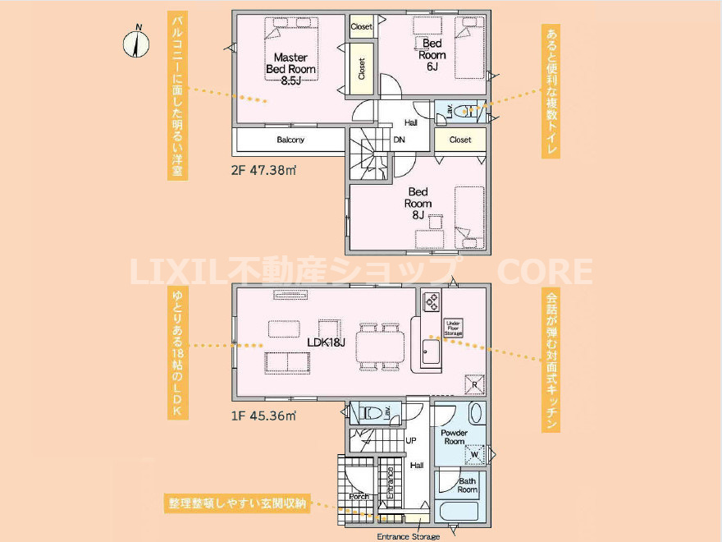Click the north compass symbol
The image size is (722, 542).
[136, 43]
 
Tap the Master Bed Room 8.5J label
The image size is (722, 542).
[290, 69]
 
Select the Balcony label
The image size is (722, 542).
[290, 140]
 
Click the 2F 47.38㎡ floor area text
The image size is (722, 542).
[263, 172]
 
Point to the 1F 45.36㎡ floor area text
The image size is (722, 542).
[263, 416]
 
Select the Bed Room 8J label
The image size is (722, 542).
[418, 203]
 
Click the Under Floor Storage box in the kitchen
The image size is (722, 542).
[454, 328]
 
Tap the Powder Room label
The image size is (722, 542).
[454, 437]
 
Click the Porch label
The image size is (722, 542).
[359, 496]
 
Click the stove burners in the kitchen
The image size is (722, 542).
[432, 302]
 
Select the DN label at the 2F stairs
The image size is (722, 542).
[399, 140]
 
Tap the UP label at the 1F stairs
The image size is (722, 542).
[411, 441]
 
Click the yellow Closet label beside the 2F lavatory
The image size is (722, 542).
[460, 140]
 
